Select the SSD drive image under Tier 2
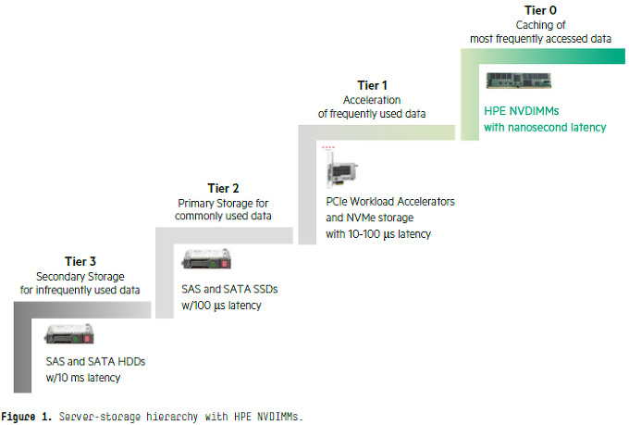click(x=205, y=260)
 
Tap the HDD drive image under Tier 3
click(x=69, y=333)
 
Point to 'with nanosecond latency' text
click(x=545, y=127)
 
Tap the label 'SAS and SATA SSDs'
click(x=230, y=289)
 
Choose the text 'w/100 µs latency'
click(x=222, y=306)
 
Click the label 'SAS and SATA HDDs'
click(x=95, y=360)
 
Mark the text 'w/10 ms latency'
click(x=84, y=377)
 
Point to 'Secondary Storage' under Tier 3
click(x=80, y=276)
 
